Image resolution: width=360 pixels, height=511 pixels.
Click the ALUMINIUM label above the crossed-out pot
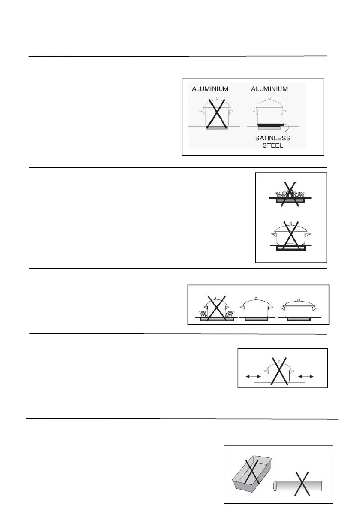[210, 89]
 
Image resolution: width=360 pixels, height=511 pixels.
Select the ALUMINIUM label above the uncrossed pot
[270, 89]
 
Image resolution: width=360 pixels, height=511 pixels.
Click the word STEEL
[273, 145]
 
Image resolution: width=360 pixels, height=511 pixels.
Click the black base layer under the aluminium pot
[269, 125]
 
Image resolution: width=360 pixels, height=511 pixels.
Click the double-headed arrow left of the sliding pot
[252, 376]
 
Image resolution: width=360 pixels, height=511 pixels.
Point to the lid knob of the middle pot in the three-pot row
[256, 299]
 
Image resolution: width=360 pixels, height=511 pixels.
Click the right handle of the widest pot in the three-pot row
[317, 308]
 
